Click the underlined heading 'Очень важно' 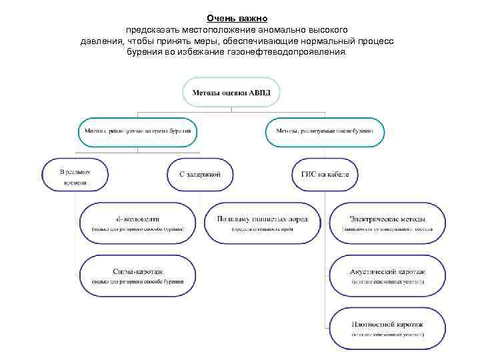(x=237, y=18)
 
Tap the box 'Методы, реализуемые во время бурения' (x=138, y=132)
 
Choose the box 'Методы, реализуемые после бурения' (x=325, y=132)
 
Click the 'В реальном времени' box (x=75, y=175)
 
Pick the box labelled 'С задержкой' (x=200, y=175)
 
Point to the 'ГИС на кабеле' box (x=325, y=175)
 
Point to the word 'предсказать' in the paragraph (x=152, y=30)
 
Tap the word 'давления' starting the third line (x=101, y=41)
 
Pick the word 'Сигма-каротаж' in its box (x=138, y=272)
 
